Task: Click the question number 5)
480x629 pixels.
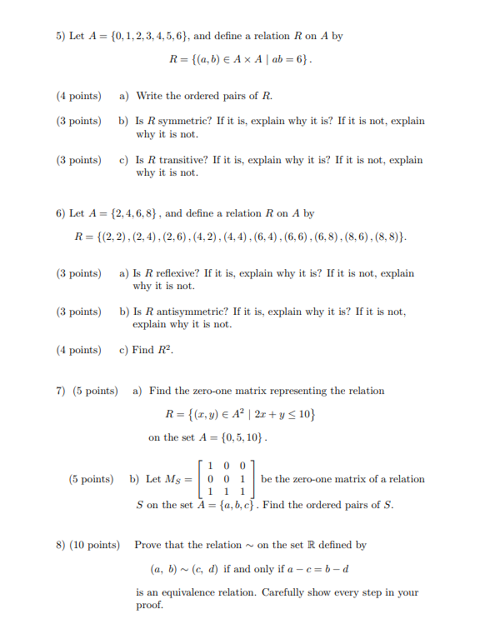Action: click(61, 37)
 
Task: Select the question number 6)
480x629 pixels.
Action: click(61, 213)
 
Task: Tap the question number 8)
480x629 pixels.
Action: click(61, 545)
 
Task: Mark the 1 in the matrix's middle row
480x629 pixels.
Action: click(242, 479)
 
